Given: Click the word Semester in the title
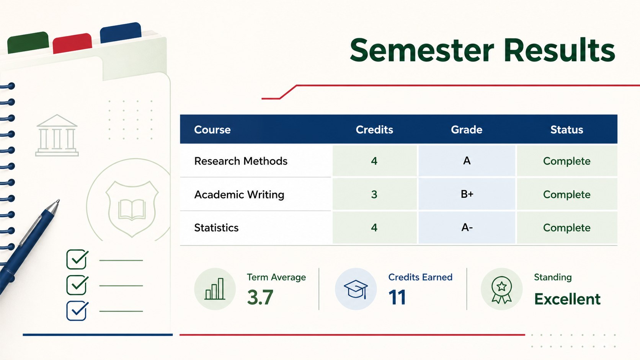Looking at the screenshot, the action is click(422, 50).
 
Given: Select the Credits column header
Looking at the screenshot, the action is click(374, 130).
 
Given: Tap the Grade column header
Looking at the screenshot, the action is click(467, 130).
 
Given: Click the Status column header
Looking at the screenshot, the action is click(567, 130).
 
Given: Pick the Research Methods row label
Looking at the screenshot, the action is click(240, 161).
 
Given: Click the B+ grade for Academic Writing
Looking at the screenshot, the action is click(467, 194).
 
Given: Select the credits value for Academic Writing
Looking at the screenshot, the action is click(374, 194).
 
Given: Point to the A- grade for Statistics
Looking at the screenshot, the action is click(467, 228).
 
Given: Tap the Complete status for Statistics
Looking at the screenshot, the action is click(567, 228).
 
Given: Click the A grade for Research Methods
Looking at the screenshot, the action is click(467, 161).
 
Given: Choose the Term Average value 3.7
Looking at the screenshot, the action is click(260, 297).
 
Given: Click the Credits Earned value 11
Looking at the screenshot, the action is click(397, 297).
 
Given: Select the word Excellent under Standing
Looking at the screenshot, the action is click(567, 299).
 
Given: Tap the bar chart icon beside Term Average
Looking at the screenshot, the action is click(215, 289).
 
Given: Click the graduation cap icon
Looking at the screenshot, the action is click(356, 289).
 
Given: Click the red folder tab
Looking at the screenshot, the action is click(72, 43).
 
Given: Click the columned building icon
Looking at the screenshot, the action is click(57, 135).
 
